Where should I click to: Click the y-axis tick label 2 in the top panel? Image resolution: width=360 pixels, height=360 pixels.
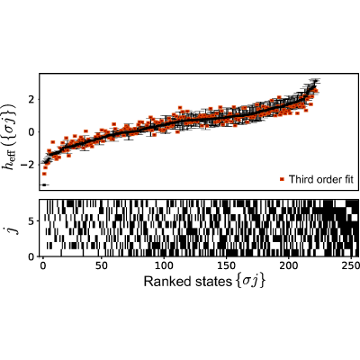[31, 99]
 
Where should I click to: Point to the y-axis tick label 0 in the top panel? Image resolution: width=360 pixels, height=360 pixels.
[31, 132]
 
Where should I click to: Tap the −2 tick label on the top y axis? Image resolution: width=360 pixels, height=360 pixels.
[28, 165]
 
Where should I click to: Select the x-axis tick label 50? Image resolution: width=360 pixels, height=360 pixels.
[102, 266]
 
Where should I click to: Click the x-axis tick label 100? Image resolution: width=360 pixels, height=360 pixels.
[164, 266]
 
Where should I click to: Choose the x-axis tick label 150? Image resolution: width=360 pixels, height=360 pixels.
[226, 266]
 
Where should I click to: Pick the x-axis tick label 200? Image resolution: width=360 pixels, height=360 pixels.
[288, 266]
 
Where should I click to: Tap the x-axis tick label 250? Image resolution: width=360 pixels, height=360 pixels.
[350, 266]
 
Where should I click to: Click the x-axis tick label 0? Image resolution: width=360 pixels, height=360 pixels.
[42, 266]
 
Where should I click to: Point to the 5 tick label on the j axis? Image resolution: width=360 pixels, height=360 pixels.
[31, 221]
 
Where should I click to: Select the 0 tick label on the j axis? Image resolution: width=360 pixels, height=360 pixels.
[31, 257]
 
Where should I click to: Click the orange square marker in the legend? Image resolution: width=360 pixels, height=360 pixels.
[282, 179]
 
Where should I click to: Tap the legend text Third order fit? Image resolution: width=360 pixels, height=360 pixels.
[321, 179]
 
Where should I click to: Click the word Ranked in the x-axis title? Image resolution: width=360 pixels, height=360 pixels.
[166, 282]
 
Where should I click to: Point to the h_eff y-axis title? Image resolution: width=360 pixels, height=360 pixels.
[10, 137]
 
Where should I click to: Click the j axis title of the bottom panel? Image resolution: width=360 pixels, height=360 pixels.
[11, 228]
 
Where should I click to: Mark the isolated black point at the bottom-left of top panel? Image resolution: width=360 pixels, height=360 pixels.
[44, 184]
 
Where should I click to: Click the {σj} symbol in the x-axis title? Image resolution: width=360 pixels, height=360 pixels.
[249, 282]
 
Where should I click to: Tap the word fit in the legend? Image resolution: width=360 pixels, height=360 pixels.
[347, 179]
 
